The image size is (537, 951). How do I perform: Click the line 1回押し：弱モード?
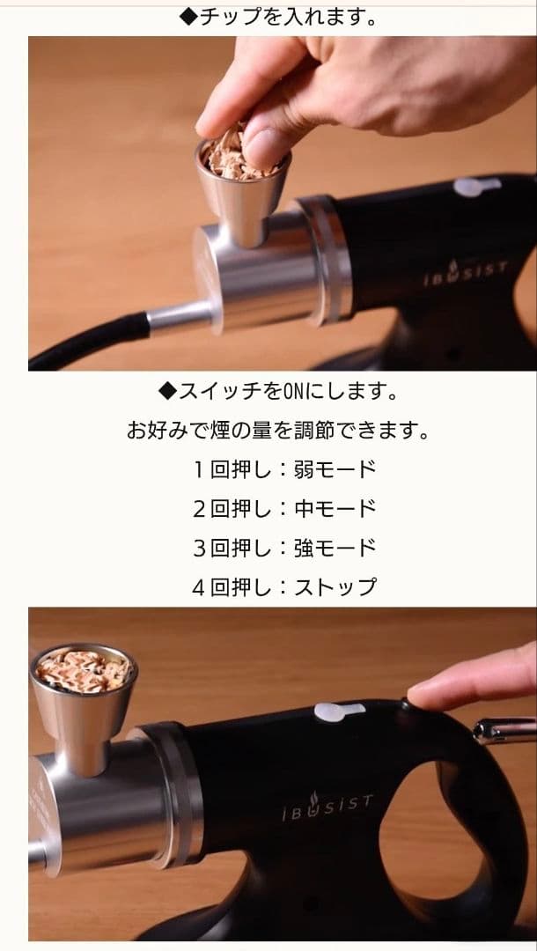click(x=283, y=469)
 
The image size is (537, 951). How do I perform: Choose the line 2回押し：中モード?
click(x=283, y=508)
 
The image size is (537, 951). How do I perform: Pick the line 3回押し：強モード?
click(x=283, y=547)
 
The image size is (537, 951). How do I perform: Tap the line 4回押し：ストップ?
click(x=283, y=586)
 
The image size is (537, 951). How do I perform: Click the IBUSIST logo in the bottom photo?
click(x=327, y=807)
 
